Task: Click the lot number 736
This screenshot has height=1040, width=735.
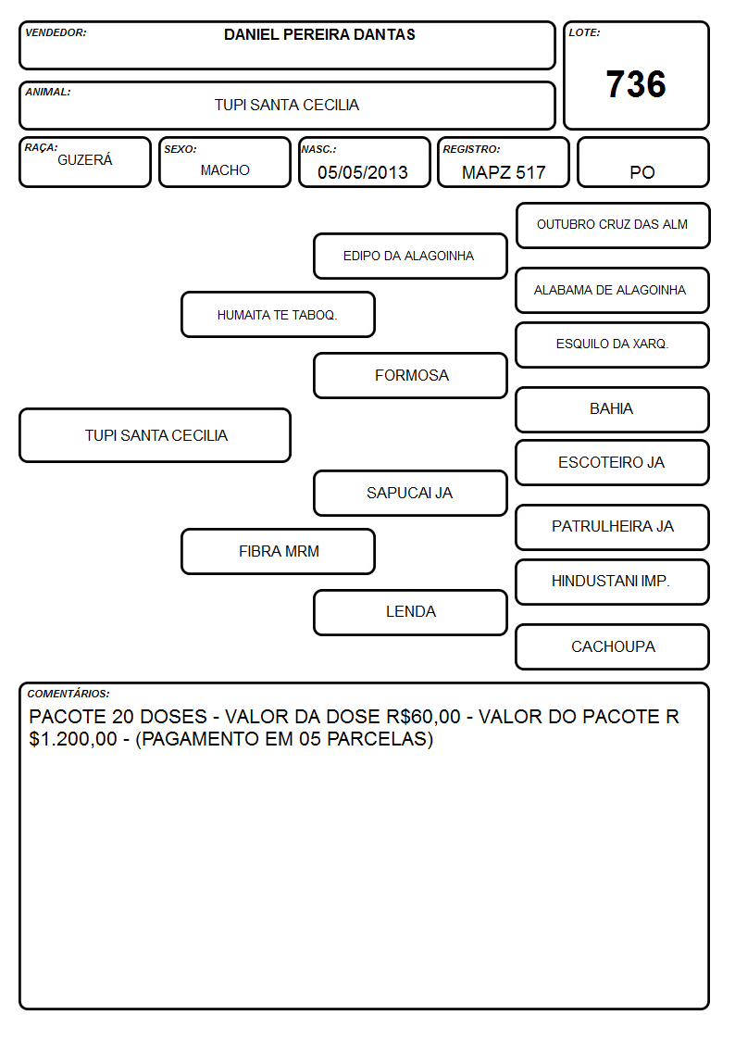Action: pos(636,84)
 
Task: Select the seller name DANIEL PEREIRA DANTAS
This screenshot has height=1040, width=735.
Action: pos(319,34)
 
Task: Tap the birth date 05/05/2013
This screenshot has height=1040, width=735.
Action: pos(363,172)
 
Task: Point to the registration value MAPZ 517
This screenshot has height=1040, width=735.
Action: pos(504,172)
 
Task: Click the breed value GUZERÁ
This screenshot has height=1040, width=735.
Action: pos(85,160)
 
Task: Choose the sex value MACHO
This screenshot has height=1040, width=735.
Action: pos(225,170)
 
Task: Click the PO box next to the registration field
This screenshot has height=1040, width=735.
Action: pos(642,162)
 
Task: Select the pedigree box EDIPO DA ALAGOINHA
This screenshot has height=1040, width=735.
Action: pos(410,256)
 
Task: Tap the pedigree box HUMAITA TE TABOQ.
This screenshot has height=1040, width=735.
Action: pos(279,314)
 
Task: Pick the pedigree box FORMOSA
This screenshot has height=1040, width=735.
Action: pos(410,375)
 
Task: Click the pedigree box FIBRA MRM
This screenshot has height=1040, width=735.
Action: pos(279,551)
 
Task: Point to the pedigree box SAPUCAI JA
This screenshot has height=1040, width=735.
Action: pos(410,493)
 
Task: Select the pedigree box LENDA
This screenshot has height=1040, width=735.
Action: pos(410,612)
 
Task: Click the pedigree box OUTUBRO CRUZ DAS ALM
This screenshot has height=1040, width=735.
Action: pos(613,226)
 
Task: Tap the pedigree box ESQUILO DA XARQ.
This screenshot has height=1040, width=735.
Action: pos(613,345)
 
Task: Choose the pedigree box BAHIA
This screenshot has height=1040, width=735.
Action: pos(613,410)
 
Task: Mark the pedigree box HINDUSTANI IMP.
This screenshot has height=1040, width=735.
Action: pos(613,582)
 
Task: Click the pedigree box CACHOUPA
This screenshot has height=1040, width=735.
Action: pos(613,646)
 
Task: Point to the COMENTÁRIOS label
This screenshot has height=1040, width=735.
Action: pos(69,694)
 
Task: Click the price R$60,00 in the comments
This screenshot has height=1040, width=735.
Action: pos(423,717)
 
